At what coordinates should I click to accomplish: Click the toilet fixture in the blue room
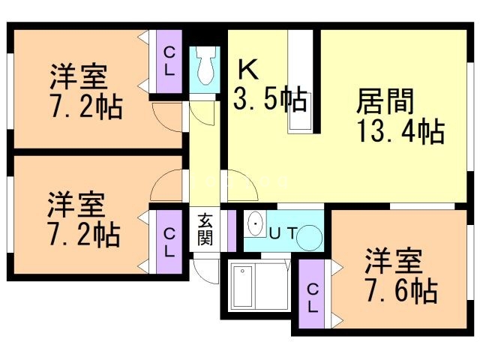[205, 68]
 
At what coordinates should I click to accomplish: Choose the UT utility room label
[283, 233]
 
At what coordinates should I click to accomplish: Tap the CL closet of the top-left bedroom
[169, 61]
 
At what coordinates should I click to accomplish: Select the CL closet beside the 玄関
[169, 241]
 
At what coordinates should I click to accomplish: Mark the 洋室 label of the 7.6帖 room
[394, 262]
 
